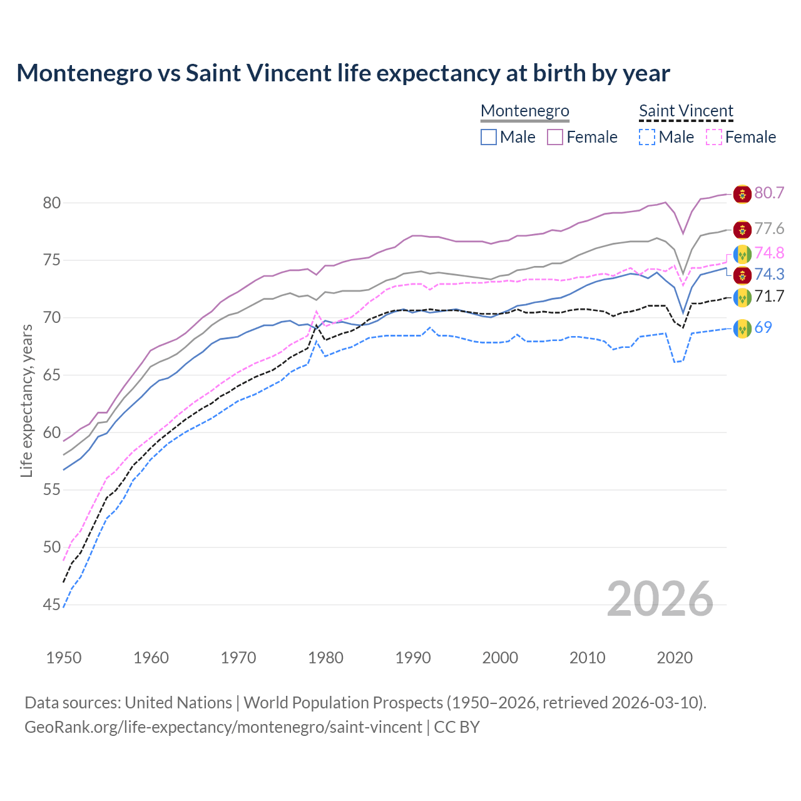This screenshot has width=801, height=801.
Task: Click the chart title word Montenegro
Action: (84, 73)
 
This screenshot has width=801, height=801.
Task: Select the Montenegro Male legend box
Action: (489, 137)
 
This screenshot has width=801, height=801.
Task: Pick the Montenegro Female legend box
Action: (555, 137)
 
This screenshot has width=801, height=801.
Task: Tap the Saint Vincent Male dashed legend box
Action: (647, 137)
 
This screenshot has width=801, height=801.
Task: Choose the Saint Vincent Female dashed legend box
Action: (714, 137)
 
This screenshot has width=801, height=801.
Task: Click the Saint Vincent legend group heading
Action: (686, 111)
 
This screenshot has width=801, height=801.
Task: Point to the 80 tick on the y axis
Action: (51, 203)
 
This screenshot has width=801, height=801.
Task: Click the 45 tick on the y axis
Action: (51, 605)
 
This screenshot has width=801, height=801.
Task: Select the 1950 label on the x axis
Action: (64, 658)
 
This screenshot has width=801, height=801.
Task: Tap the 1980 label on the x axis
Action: (325, 658)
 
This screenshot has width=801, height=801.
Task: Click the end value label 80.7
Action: (769, 193)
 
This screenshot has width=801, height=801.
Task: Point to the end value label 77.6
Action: (769, 229)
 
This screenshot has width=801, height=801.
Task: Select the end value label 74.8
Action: (769, 253)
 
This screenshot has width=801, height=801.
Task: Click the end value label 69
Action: (763, 327)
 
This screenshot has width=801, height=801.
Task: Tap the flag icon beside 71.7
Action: (742, 297)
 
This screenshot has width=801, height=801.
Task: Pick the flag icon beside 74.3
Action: (742, 275)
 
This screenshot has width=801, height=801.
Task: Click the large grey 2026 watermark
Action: (660, 599)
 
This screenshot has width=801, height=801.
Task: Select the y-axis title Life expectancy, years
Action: (26, 400)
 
